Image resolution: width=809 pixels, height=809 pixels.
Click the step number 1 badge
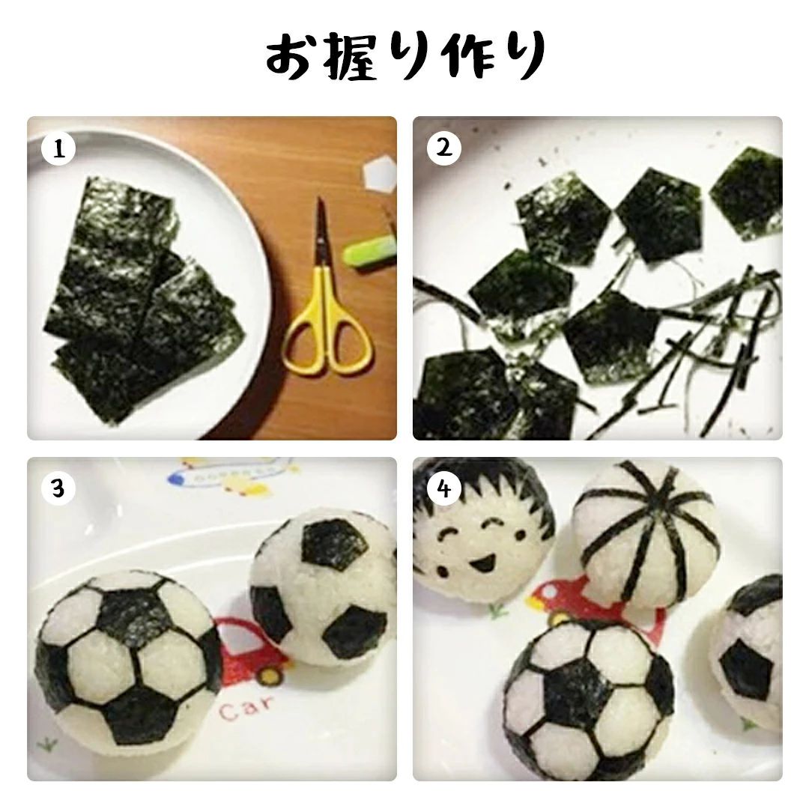(58, 149)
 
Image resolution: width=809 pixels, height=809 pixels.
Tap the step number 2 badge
(443, 148)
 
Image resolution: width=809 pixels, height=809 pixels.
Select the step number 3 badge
(58, 488)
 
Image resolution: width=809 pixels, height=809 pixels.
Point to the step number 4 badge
(443, 488)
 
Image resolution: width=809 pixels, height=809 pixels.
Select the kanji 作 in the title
(467, 55)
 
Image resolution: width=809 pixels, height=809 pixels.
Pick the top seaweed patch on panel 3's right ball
(336, 545)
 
